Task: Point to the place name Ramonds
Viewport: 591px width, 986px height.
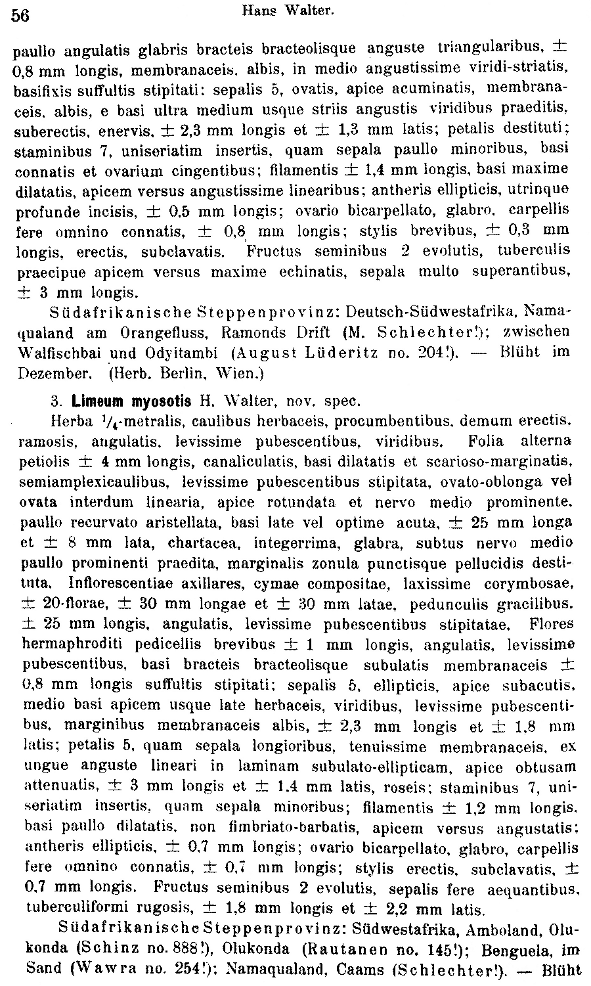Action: coord(252,332)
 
